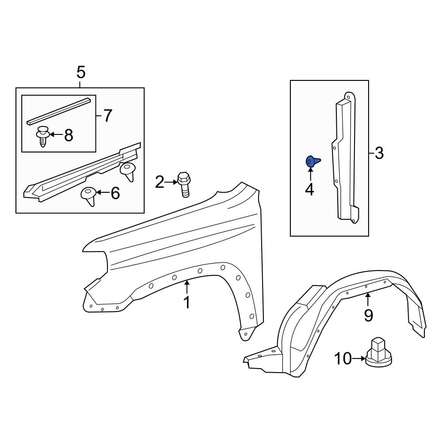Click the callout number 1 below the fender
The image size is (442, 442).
pyautogui.click(x=187, y=303)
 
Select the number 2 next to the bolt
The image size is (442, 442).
pyautogui.click(x=160, y=182)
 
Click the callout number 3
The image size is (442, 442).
pyautogui.click(x=379, y=154)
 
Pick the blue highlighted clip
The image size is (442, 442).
pyautogui.click(x=312, y=162)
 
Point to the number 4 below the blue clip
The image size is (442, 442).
pyautogui.click(x=309, y=190)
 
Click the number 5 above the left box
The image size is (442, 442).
pyautogui.click(x=81, y=72)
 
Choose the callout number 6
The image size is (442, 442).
pyautogui.click(x=115, y=193)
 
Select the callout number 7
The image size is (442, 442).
pyautogui.click(x=107, y=116)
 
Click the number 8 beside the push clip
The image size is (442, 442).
pyautogui.click(x=69, y=136)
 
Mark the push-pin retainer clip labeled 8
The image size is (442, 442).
pyautogui.click(x=42, y=136)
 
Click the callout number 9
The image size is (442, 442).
pyautogui.click(x=368, y=315)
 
